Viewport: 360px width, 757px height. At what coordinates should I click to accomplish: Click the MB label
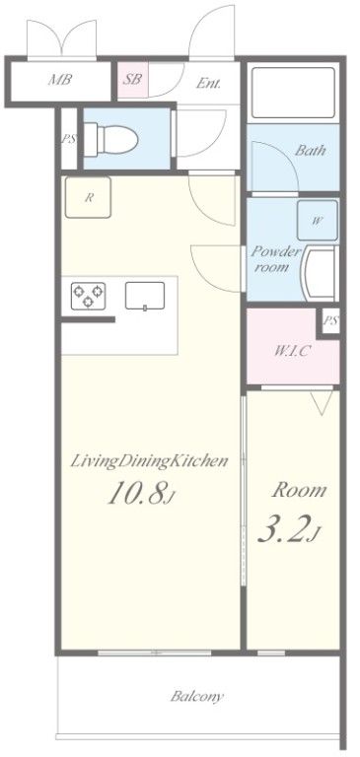pos(60,80)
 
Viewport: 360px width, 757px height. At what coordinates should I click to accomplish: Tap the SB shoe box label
pos(132,79)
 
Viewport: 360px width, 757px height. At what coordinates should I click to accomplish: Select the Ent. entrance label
pos(208,83)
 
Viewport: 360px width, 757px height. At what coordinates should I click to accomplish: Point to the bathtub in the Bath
pos(293,93)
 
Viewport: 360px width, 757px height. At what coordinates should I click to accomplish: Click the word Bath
pos(311,151)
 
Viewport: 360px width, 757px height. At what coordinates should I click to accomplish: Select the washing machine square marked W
pos(317,221)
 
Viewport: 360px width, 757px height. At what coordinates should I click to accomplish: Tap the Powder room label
pos(275,259)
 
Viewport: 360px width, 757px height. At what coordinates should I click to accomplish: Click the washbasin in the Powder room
pos(319,273)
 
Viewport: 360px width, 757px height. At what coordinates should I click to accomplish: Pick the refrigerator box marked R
pos(89,197)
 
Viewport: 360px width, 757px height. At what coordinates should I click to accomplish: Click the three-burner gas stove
pos(88,296)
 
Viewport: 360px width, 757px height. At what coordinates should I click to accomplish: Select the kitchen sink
pos(145,296)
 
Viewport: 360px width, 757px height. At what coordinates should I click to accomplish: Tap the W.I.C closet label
pos(292,351)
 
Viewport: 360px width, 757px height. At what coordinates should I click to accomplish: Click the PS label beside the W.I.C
pos(330,320)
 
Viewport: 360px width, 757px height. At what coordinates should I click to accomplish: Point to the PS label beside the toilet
pos(69,139)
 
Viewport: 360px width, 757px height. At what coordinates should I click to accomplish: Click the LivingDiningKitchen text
pos(149,462)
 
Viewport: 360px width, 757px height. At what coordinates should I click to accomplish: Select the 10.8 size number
pos(139,494)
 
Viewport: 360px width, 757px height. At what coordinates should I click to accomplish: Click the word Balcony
pos(197,697)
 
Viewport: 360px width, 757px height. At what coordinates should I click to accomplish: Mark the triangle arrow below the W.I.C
pos(322,403)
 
